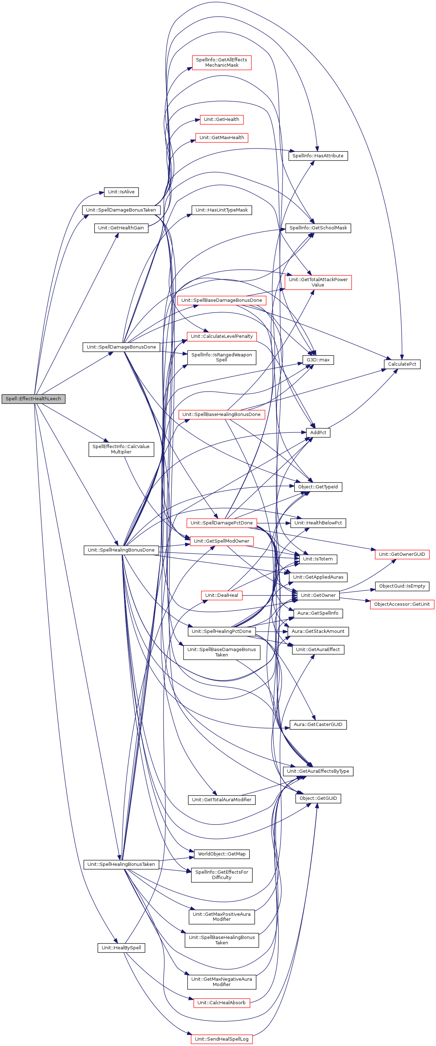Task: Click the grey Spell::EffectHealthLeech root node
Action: coord(33,398)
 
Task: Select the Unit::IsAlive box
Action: coord(121,192)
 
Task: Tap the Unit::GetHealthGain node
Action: coord(121,228)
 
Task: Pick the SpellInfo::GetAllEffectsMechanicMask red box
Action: coord(221,62)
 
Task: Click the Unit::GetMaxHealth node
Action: coord(221,138)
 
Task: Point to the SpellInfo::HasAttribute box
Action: coord(318,156)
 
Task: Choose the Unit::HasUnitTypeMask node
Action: coord(221,210)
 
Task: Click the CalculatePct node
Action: coord(402,364)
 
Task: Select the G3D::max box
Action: coord(318,360)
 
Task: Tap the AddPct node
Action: coord(318,432)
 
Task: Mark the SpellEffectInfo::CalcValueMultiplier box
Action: coord(121,449)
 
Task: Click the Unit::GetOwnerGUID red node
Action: coord(402,554)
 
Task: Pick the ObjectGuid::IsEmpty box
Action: coord(402,586)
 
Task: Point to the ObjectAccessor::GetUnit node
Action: coord(402,604)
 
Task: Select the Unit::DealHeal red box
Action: coord(221,595)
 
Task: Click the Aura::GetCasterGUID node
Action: coord(318,725)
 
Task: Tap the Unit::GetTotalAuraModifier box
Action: coord(221,799)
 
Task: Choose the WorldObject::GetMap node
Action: coord(221,854)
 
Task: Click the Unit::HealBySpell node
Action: coord(121,948)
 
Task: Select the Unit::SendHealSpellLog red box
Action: coord(221,1039)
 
